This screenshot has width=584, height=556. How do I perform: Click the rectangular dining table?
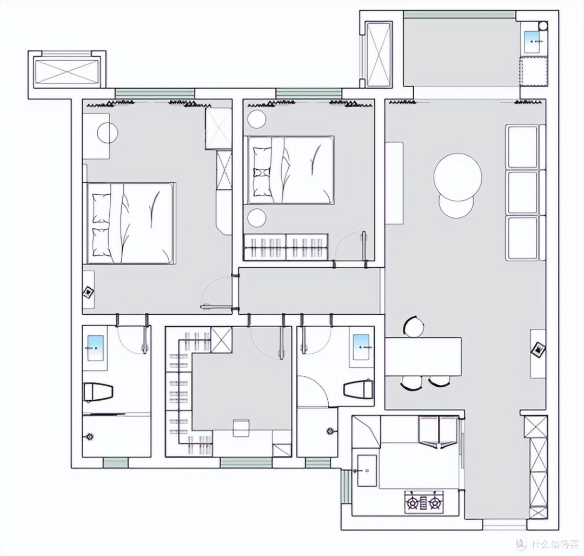point(423,356)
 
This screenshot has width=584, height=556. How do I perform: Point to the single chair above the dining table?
point(414,327)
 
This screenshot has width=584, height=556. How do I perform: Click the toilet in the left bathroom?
point(98,392)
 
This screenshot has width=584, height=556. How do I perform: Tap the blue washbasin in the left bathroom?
point(95,348)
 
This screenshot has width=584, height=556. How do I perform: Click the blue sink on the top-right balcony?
point(533,42)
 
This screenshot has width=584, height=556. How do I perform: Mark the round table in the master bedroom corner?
point(108,132)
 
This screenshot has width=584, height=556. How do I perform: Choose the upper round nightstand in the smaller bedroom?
point(257,119)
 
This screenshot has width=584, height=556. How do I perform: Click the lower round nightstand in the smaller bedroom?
point(257,217)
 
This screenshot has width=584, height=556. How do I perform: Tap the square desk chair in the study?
point(241,428)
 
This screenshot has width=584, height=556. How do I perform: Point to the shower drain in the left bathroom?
point(89,436)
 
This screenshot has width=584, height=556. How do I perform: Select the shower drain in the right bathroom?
point(330,431)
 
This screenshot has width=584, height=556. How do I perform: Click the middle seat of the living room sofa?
point(523,192)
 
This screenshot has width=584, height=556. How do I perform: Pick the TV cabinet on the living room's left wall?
point(394,183)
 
